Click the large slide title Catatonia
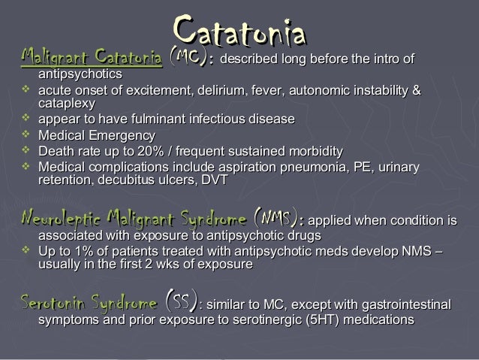[239, 32]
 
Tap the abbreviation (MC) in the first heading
[188, 57]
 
